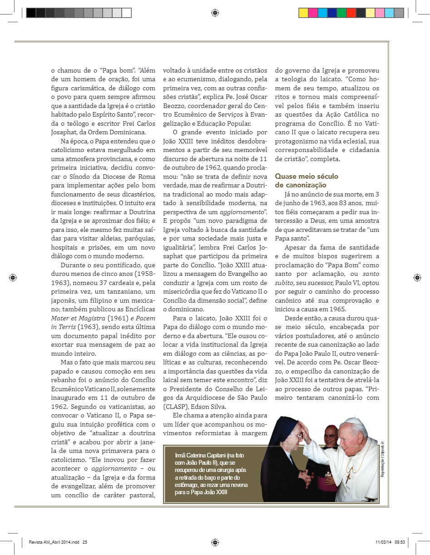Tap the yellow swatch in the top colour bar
pyautogui.click(x=304, y=13)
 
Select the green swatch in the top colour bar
pyautogui.click(x=341, y=13)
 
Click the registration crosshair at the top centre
pyautogui.click(x=215, y=13)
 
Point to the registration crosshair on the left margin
pyautogui.click(x=13, y=277)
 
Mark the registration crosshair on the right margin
pyautogui.click(x=417, y=277)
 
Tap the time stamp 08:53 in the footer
pyautogui.click(x=400, y=541)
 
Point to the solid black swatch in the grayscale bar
pyautogui.click(x=31, y=13)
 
